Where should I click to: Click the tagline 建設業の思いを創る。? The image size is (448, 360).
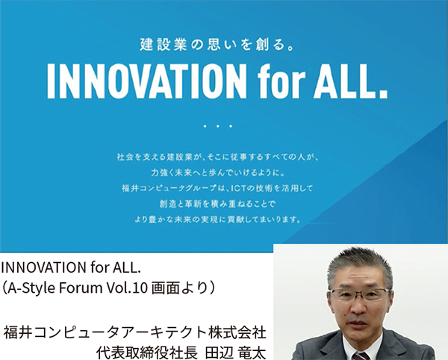click(x=217, y=45)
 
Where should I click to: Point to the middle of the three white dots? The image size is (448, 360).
click(x=218, y=126)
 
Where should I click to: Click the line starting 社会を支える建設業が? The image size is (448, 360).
click(x=218, y=158)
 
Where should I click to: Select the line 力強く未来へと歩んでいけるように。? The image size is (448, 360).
click(x=218, y=173)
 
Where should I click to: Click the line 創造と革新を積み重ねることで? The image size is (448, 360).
click(x=218, y=204)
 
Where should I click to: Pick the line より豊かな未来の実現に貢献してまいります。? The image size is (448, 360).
click(x=218, y=220)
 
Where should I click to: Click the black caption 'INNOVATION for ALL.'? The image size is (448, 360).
click(x=71, y=267)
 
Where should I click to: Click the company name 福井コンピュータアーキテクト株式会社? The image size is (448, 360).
click(x=135, y=333)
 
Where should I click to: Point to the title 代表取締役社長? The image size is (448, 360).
click(x=147, y=353)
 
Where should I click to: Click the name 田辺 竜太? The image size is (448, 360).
click(x=236, y=353)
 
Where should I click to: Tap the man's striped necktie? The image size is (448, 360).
click(x=361, y=356)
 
